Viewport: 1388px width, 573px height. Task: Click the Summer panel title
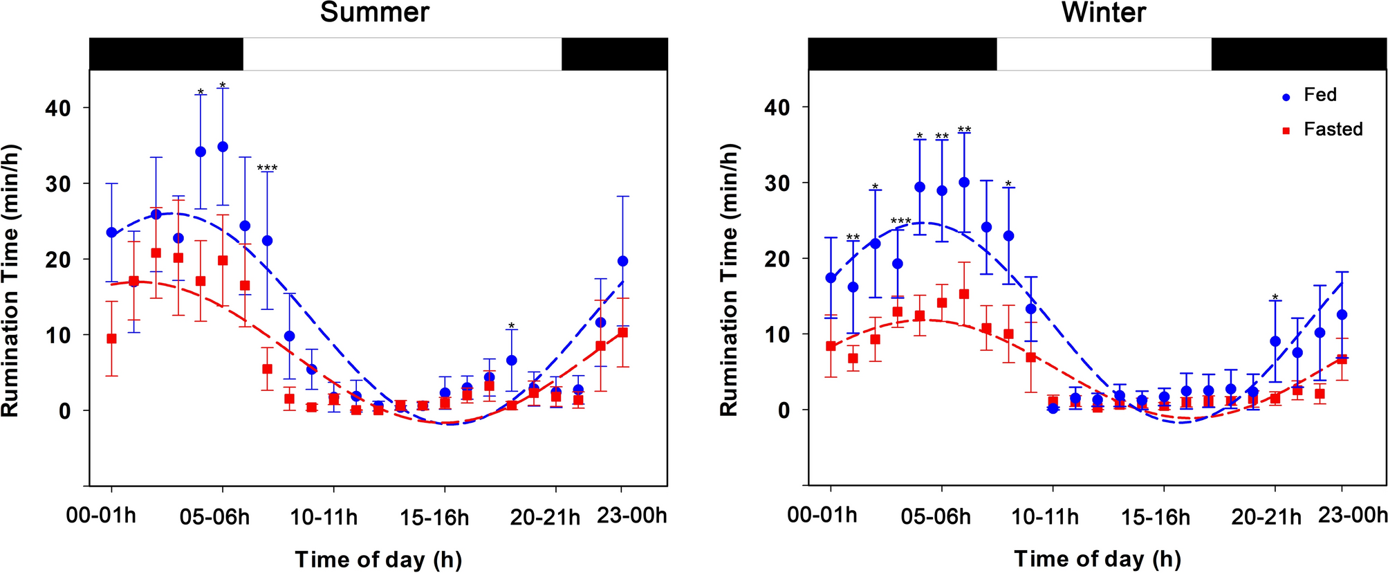(x=374, y=12)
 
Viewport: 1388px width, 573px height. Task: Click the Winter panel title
(x=1104, y=12)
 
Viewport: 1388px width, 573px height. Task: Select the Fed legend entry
(x=1320, y=95)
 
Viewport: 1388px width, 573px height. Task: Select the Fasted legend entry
(x=1333, y=129)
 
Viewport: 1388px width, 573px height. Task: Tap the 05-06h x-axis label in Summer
(x=216, y=517)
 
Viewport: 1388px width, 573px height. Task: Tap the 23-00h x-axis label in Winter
(x=1352, y=516)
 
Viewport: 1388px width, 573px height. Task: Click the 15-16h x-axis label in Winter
(x=1155, y=517)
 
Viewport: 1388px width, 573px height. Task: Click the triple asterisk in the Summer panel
(x=267, y=168)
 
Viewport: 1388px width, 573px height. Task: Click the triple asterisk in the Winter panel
(x=900, y=221)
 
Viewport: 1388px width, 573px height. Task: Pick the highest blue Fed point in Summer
(x=223, y=147)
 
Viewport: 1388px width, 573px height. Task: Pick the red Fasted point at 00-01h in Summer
(x=111, y=338)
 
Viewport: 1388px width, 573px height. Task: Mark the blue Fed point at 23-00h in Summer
(x=622, y=261)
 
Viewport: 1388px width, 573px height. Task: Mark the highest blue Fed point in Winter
(x=964, y=182)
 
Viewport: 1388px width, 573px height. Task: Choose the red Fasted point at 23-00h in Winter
(x=1342, y=359)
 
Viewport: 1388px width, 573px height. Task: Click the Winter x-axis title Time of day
(x=1097, y=558)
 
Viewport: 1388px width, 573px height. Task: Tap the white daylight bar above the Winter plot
(x=1103, y=54)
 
